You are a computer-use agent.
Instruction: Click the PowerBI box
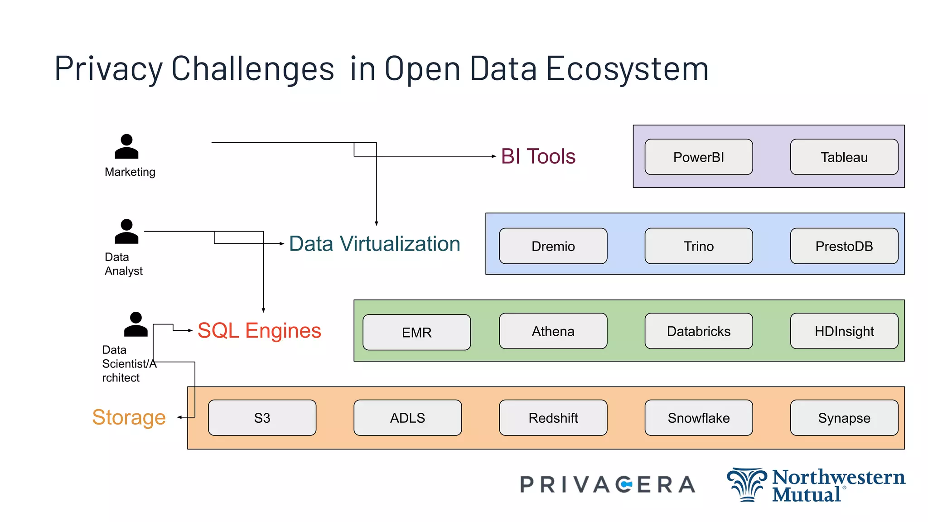pyautogui.click(x=698, y=157)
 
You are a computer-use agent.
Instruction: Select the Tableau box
pyautogui.click(x=844, y=157)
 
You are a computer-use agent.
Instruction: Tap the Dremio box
pyautogui.click(x=553, y=246)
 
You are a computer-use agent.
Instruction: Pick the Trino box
pyautogui.click(x=698, y=246)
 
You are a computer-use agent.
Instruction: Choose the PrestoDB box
pyautogui.click(x=844, y=246)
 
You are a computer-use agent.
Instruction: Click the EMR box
pyautogui.click(x=416, y=332)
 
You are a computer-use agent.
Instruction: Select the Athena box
pyautogui.click(x=553, y=331)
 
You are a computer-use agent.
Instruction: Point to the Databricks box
pyautogui.click(x=698, y=331)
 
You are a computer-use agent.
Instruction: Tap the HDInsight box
pyautogui.click(x=844, y=331)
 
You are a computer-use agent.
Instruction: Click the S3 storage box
pyautogui.click(x=262, y=418)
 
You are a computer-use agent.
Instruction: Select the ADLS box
pyautogui.click(x=407, y=418)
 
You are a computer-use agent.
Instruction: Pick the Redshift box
pyautogui.click(x=553, y=418)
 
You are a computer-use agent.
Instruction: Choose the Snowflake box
pyautogui.click(x=698, y=418)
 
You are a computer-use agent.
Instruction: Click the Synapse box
pyautogui.click(x=844, y=418)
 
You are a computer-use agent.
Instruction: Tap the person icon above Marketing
pyautogui.click(x=126, y=146)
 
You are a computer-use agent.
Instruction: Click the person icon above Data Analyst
pyautogui.click(x=126, y=232)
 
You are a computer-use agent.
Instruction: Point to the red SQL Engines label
pyautogui.click(x=259, y=330)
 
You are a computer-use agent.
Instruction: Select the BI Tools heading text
pyautogui.click(x=538, y=156)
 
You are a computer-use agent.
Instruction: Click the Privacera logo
pyautogui.click(x=607, y=484)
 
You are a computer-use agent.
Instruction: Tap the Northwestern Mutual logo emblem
pyautogui.click(x=747, y=485)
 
